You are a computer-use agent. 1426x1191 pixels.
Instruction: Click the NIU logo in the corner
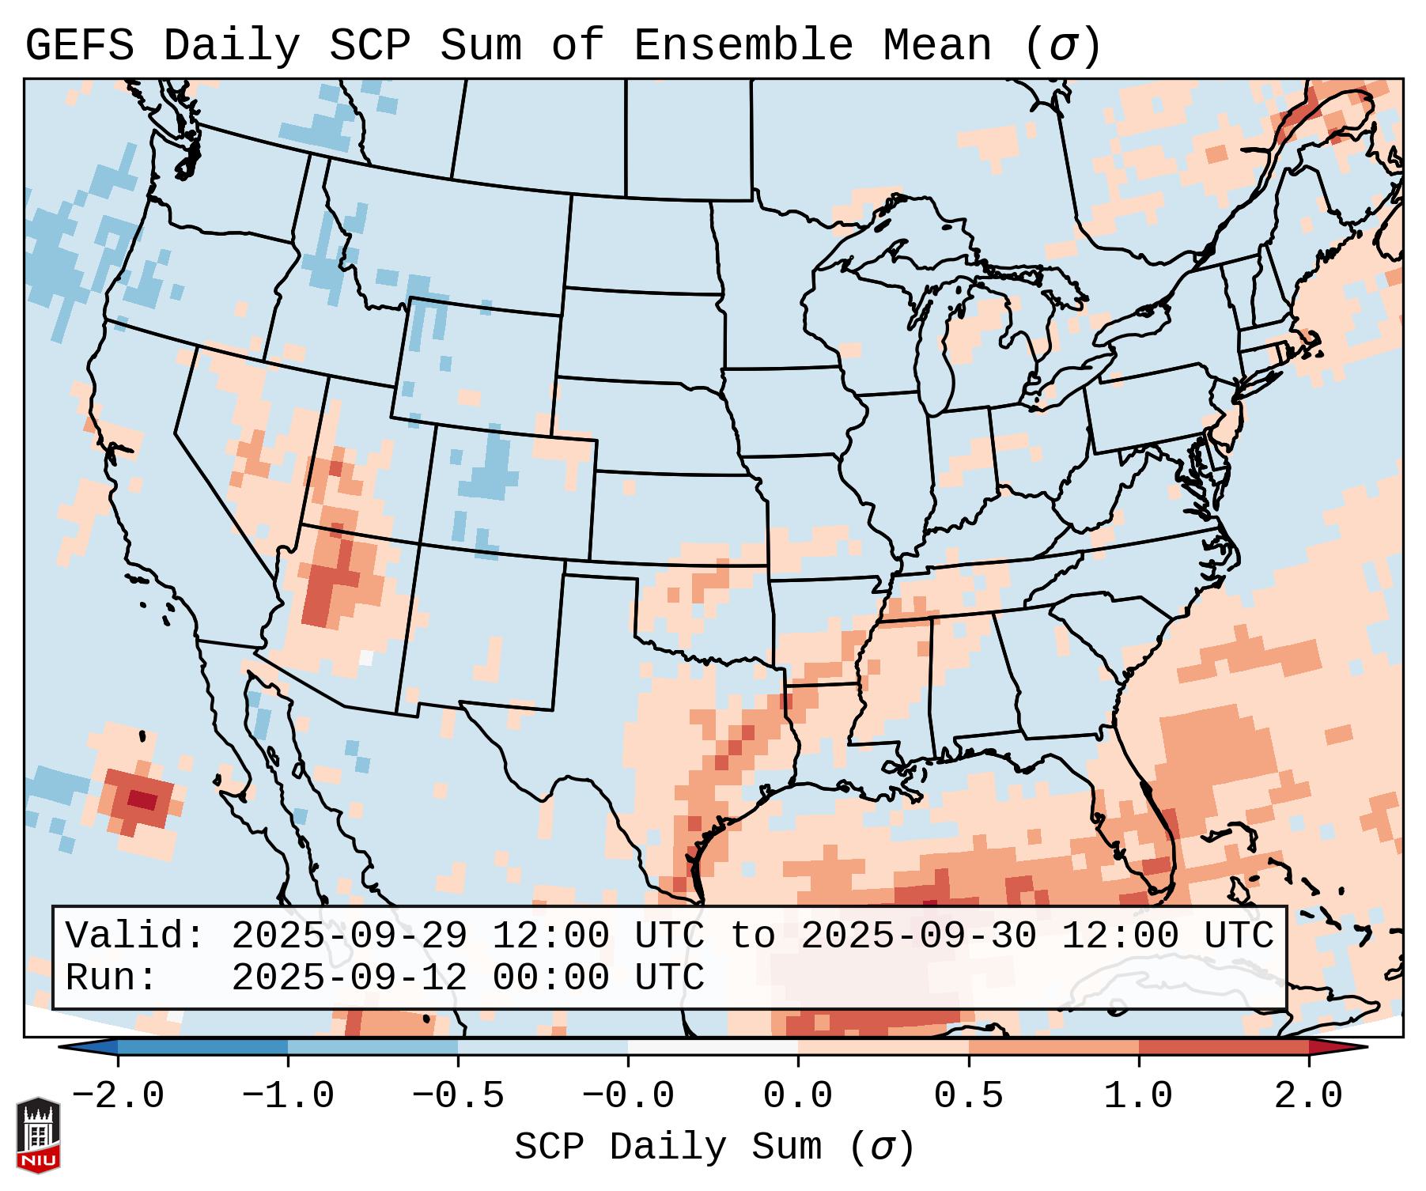point(38,1134)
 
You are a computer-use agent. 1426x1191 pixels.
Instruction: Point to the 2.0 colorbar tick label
point(1308,1096)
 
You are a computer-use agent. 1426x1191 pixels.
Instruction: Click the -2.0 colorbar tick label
point(118,1096)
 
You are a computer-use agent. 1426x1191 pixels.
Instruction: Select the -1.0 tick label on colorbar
point(288,1096)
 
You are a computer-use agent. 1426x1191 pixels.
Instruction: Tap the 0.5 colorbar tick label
point(968,1096)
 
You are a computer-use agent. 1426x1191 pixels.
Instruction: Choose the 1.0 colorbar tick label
point(1138,1096)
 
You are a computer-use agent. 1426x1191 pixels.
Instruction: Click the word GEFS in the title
point(80,46)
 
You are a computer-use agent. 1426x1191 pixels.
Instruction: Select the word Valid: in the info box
point(135,936)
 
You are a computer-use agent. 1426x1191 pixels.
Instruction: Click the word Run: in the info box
point(112,977)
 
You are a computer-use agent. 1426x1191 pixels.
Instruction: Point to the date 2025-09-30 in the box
point(918,936)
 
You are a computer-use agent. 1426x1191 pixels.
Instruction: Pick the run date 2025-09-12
point(349,977)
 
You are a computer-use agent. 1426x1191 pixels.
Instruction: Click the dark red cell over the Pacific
point(143,800)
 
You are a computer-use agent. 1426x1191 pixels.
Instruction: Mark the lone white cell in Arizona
point(365,656)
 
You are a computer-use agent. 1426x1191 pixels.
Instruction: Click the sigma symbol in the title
point(1062,46)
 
